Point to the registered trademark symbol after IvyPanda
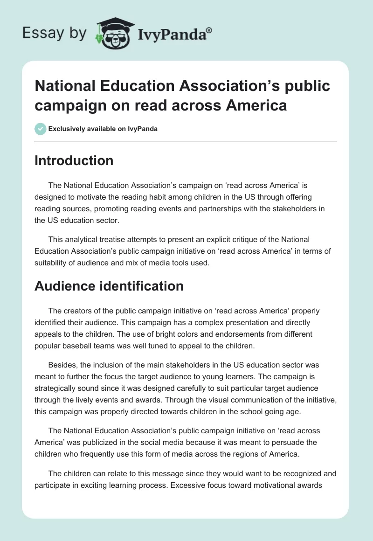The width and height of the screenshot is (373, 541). [209, 29]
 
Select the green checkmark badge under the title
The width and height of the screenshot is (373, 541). [41, 129]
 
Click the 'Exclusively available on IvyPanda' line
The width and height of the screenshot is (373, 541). [103, 129]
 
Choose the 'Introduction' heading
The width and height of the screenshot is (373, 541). [74, 160]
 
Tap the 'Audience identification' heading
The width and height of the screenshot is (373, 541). [109, 285]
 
